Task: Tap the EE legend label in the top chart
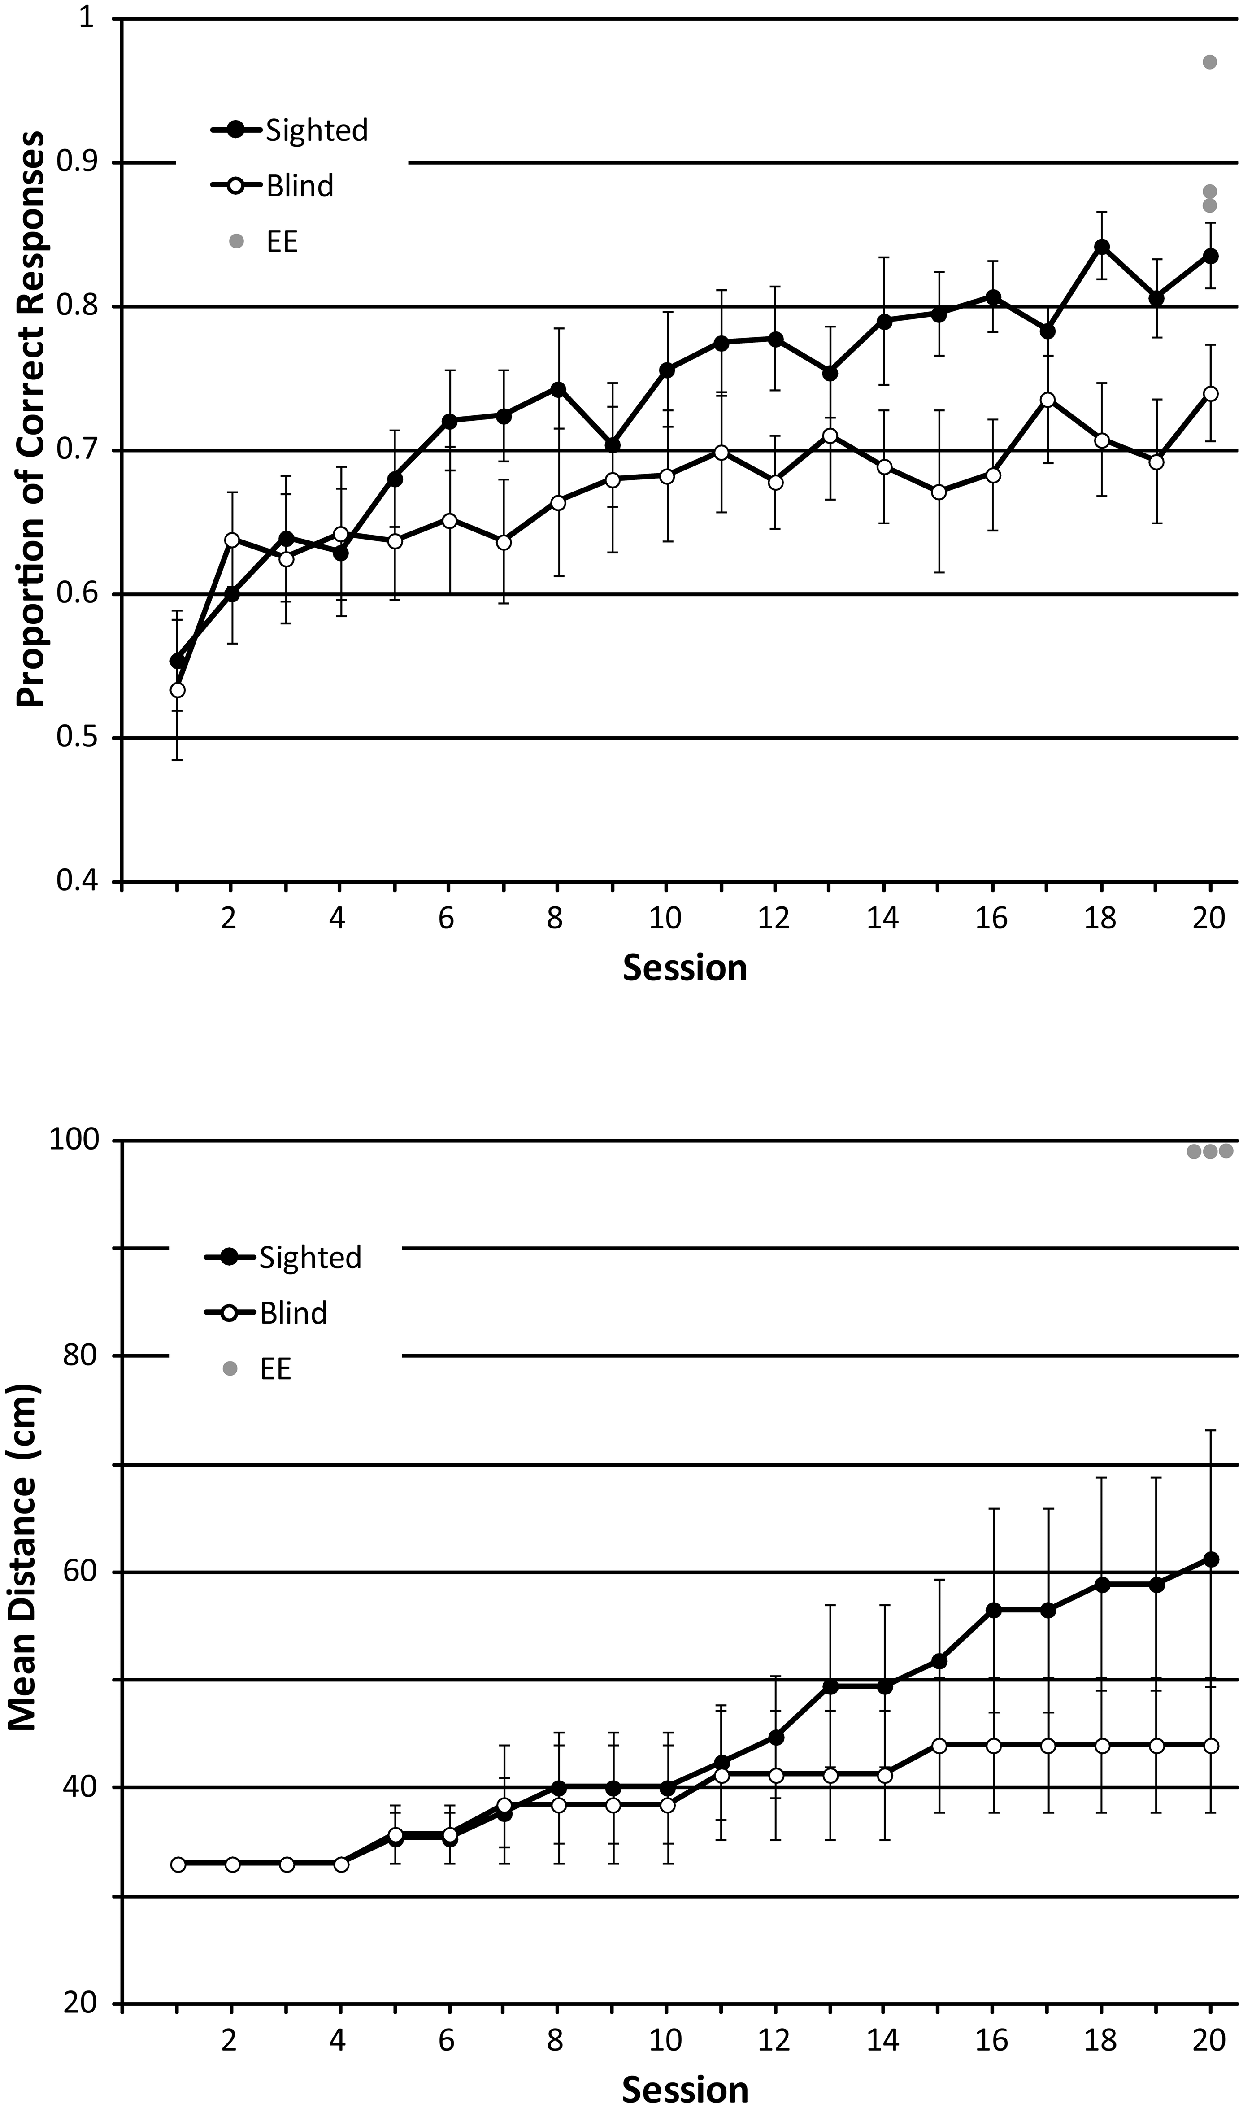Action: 282,241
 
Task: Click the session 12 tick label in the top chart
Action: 774,919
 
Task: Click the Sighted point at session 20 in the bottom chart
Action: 1210,1559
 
